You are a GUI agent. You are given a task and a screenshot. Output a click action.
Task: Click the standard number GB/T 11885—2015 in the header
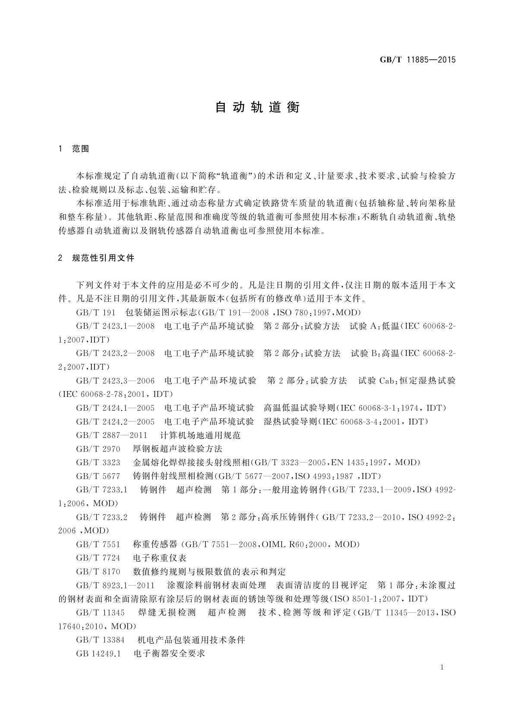(x=417, y=60)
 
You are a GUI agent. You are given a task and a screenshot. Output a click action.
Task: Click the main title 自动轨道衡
(x=257, y=107)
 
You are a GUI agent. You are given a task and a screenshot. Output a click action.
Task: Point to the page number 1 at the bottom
(x=442, y=667)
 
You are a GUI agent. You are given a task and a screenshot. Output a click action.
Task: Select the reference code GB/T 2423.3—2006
(x=115, y=380)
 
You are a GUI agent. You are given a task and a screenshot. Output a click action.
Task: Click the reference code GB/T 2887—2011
(x=112, y=435)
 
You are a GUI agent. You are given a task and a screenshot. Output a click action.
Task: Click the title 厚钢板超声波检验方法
(x=177, y=449)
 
